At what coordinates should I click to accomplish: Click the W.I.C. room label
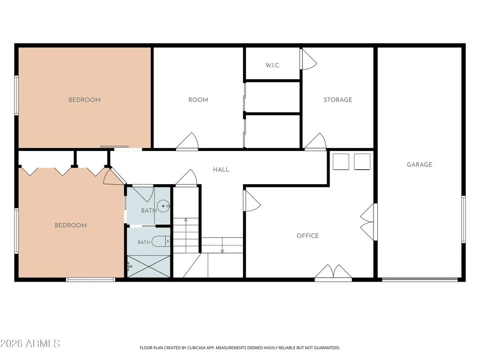click(272, 65)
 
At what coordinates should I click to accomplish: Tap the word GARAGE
click(420, 165)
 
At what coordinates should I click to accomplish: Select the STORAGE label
click(337, 99)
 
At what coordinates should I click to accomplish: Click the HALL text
click(221, 169)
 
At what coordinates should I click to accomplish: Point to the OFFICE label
click(307, 235)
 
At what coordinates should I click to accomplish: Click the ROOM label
click(198, 99)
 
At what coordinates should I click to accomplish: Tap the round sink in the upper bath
click(163, 205)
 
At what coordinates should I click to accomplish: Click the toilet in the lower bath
click(161, 241)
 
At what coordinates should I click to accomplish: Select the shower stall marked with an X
click(149, 267)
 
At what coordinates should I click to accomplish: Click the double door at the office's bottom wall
click(333, 272)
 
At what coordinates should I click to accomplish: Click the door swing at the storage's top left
click(308, 59)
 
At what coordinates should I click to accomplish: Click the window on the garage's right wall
click(464, 219)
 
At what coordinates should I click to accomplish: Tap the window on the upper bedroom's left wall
click(16, 95)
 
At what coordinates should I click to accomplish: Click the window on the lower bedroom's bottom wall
click(90, 279)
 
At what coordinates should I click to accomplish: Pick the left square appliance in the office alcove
click(341, 162)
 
